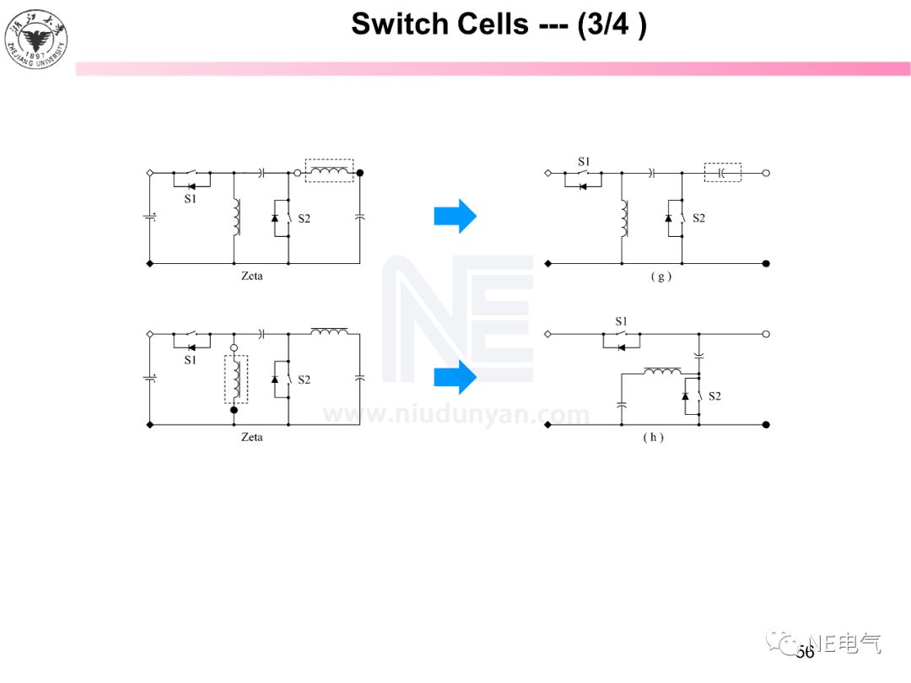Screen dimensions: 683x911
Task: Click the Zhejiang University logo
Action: [36, 38]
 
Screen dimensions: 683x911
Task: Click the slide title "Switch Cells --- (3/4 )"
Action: [499, 24]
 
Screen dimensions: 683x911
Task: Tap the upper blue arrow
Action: [455, 217]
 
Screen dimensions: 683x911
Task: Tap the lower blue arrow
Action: [455, 378]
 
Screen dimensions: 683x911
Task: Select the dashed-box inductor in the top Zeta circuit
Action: [329, 172]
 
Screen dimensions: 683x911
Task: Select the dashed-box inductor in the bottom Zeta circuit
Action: [235, 379]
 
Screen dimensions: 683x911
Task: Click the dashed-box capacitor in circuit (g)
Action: [722, 173]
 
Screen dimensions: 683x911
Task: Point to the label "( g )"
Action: [660, 277]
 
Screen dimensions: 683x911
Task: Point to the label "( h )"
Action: [653, 438]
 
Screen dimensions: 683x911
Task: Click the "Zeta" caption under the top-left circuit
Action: [251, 276]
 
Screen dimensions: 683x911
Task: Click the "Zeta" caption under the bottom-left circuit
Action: [251, 437]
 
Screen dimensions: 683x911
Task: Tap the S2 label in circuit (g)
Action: [698, 218]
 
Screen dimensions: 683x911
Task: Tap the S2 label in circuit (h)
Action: [714, 396]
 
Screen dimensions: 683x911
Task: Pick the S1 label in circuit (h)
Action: [622, 321]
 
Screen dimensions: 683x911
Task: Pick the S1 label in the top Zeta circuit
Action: [190, 198]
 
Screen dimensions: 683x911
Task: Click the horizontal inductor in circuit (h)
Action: [663, 370]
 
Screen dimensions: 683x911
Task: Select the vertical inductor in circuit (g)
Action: [623, 218]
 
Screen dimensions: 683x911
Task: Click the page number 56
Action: [805, 652]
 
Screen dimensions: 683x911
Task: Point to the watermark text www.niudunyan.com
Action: [456, 415]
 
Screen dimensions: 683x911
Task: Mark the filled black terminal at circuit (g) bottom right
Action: [766, 264]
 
